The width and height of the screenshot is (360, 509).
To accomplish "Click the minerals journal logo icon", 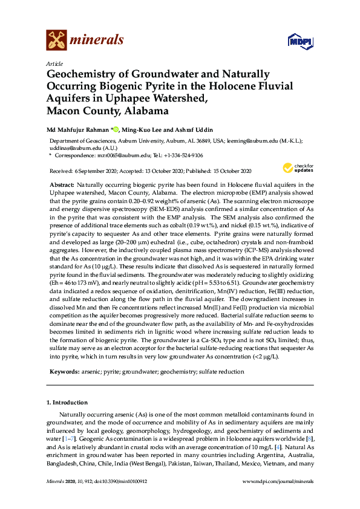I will (x=56, y=41).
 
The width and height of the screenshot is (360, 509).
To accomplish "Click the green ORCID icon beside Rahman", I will (x=116, y=129).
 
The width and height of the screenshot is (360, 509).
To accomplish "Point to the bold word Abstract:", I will (x=62, y=183).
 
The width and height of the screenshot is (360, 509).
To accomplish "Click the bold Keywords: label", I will (x=63, y=372).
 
